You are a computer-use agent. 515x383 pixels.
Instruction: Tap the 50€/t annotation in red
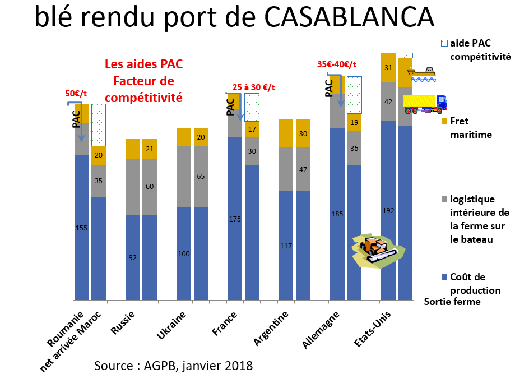tap(77, 94)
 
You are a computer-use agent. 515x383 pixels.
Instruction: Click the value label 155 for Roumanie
tap(81, 228)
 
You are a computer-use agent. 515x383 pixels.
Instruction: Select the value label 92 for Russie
tap(133, 257)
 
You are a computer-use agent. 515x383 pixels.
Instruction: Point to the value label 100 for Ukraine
tap(184, 253)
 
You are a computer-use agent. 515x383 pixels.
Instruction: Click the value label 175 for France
tap(235, 219)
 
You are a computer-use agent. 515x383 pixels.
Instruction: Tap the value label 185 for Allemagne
tap(337, 214)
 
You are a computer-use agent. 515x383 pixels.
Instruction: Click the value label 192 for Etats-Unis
tap(388, 211)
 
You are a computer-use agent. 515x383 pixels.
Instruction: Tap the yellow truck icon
tap(425, 104)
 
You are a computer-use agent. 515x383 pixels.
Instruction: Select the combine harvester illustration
tap(375, 249)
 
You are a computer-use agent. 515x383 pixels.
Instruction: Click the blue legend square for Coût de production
tap(445, 277)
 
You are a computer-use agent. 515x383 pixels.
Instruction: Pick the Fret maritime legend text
tap(471, 127)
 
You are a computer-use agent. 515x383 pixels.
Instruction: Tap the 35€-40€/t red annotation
tap(337, 64)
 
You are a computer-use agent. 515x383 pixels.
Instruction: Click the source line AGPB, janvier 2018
tap(173, 366)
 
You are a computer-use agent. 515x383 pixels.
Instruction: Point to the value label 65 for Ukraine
tap(201, 176)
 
